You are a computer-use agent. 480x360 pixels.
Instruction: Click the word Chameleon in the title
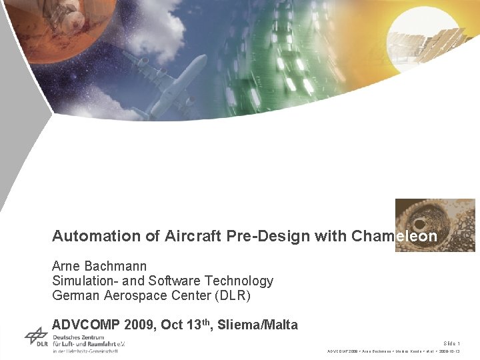394,236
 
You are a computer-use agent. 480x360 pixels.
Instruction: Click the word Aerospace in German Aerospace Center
134,296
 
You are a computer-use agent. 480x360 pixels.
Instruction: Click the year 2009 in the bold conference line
137,325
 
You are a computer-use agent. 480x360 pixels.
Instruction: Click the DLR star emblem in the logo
36,336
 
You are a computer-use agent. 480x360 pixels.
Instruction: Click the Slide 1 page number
451,343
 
